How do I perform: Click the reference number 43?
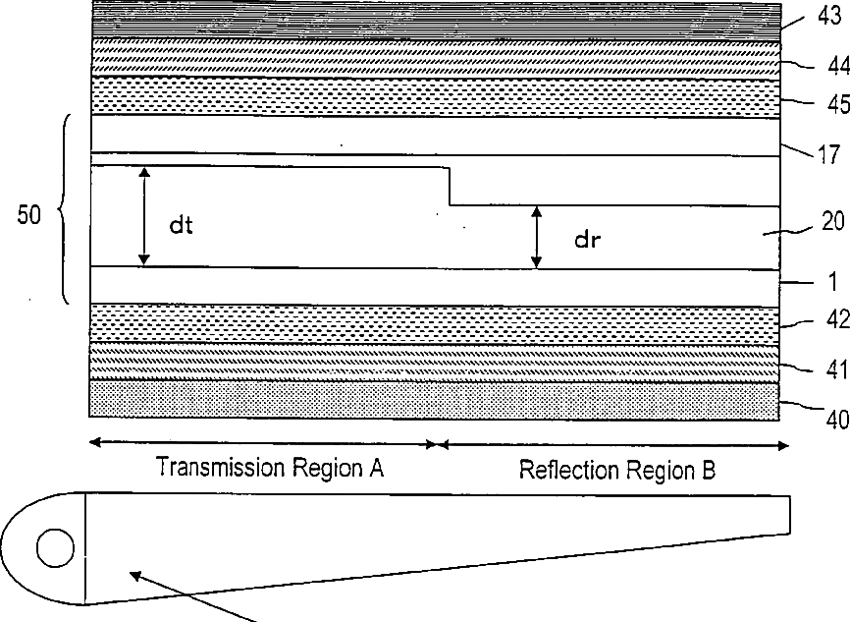(831, 17)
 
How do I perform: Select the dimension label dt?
(181, 225)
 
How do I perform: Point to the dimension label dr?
(588, 239)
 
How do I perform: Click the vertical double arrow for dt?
(144, 216)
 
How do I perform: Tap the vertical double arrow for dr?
(536, 237)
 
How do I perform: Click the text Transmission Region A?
(269, 469)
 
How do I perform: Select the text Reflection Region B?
(617, 471)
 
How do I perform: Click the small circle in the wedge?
(55, 547)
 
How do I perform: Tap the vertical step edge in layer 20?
(450, 187)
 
